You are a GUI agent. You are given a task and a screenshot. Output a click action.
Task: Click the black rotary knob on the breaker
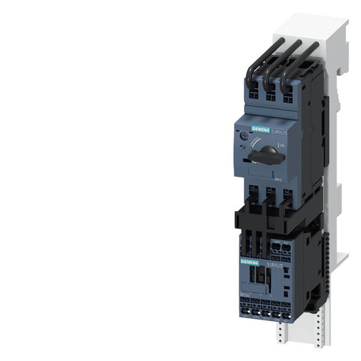coord(265,155)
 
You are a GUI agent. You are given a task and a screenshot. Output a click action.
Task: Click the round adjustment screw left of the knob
coord(244,137)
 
